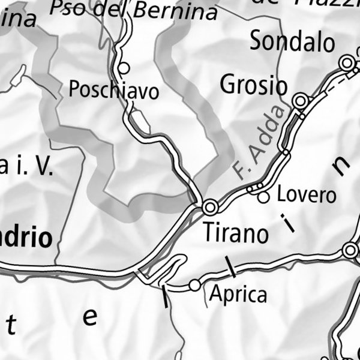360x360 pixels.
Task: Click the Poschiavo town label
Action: point(114,91)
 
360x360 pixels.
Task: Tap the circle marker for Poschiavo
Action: point(124,67)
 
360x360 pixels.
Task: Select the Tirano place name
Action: point(236,233)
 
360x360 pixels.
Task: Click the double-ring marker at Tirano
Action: point(210,208)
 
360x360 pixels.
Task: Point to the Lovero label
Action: point(306,195)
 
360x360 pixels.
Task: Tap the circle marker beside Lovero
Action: point(263,197)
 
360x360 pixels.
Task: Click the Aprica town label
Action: point(238,295)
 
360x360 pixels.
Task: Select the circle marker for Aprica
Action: point(194,285)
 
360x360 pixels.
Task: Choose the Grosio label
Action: point(254,85)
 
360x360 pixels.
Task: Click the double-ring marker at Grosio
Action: point(300,100)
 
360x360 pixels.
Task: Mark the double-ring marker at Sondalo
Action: point(346,62)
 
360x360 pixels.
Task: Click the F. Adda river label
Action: point(257,143)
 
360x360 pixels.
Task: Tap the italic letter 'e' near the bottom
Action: point(89,317)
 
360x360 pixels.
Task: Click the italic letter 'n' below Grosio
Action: point(341,166)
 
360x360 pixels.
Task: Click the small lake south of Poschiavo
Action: point(142,124)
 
